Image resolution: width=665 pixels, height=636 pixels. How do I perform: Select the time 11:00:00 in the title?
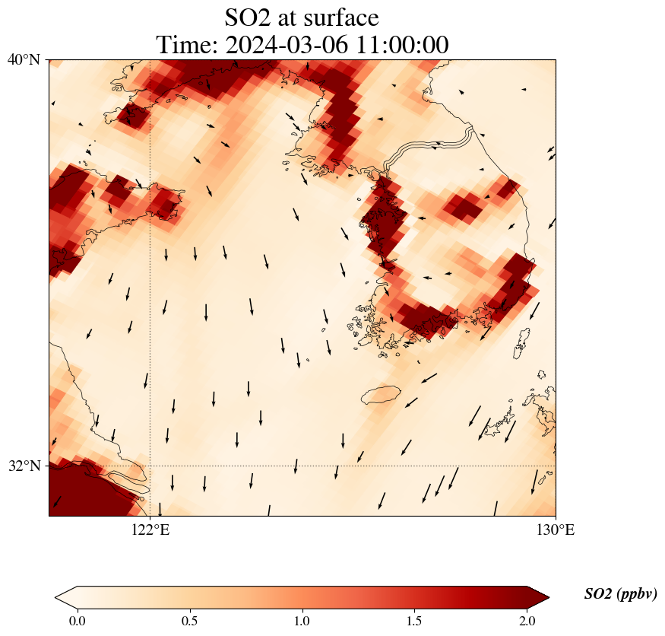[x=404, y=45]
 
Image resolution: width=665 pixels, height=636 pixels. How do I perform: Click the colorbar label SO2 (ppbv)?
[x=620, y=594]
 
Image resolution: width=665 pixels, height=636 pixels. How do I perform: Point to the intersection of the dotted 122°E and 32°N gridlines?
[x=150, y=466]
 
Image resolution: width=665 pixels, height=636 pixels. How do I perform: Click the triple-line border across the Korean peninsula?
[x=426, y=147]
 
